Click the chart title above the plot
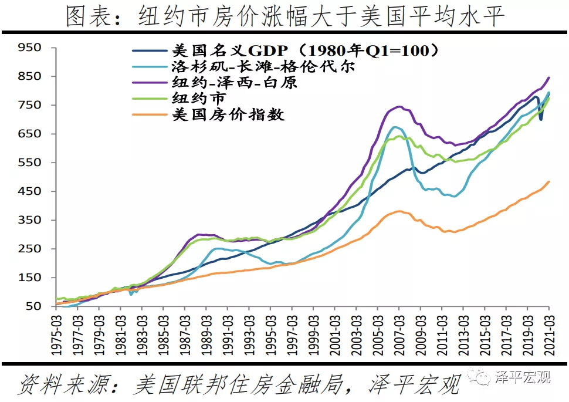coord(284,17)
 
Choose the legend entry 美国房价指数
coord(228,114)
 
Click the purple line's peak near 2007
coord(399,106)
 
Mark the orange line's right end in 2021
coord(549,181)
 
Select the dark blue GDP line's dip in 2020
coord(540,119)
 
